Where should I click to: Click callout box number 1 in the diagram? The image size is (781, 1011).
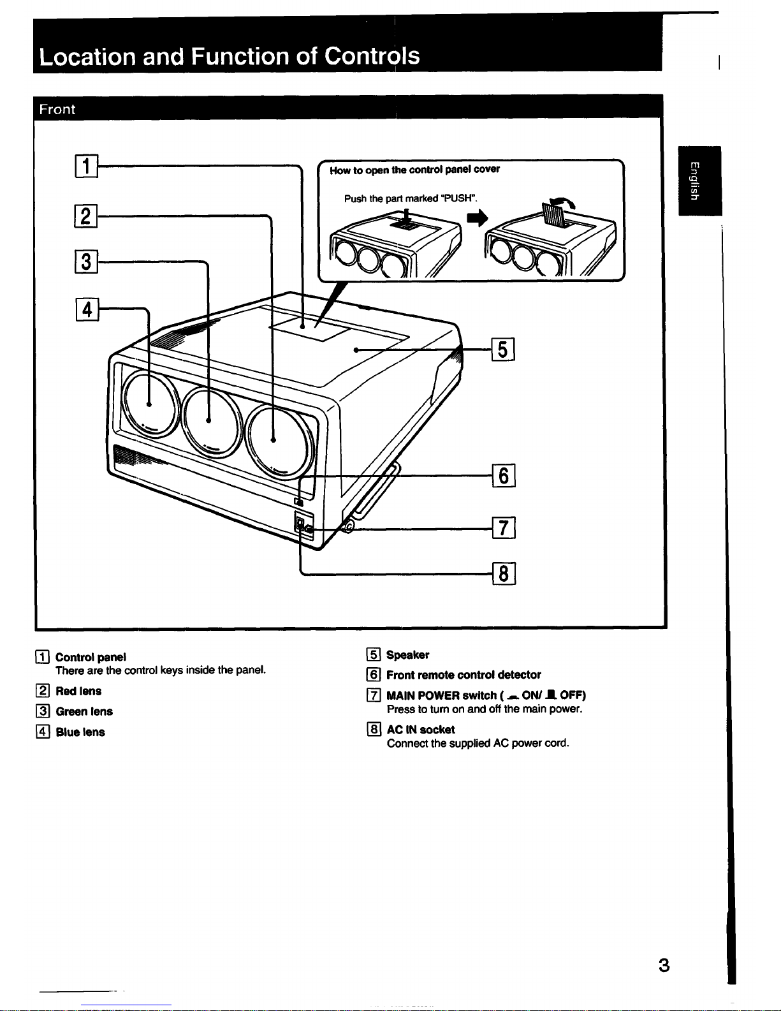(87, 166)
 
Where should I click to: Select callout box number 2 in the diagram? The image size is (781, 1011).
(86, 216)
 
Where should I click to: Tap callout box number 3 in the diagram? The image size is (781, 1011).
(86, 262)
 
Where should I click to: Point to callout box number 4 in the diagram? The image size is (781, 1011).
(87, 309)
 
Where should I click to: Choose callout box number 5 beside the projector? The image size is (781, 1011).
(503, 350)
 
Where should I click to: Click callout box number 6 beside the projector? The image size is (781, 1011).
(504, 475)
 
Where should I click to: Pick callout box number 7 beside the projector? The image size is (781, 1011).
(504, 528)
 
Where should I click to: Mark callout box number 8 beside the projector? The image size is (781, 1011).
(504, 573)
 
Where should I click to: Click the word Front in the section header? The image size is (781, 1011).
(57, 109)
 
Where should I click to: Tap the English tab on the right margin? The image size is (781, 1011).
(699, 181)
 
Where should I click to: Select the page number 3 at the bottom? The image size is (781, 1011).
(664, 966)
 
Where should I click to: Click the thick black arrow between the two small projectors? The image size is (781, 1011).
(478, 218)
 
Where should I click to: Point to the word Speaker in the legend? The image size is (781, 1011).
(407, 655)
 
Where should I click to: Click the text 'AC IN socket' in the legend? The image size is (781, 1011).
(421, 730)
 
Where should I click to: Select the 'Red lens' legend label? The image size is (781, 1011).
(78, 691)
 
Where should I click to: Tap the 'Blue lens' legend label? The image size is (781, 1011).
(80, 732)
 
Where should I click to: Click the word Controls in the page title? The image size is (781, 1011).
(372, 56)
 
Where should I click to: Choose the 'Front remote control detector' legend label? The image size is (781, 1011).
(464, 675)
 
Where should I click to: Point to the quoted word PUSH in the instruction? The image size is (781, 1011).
(459, 198)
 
